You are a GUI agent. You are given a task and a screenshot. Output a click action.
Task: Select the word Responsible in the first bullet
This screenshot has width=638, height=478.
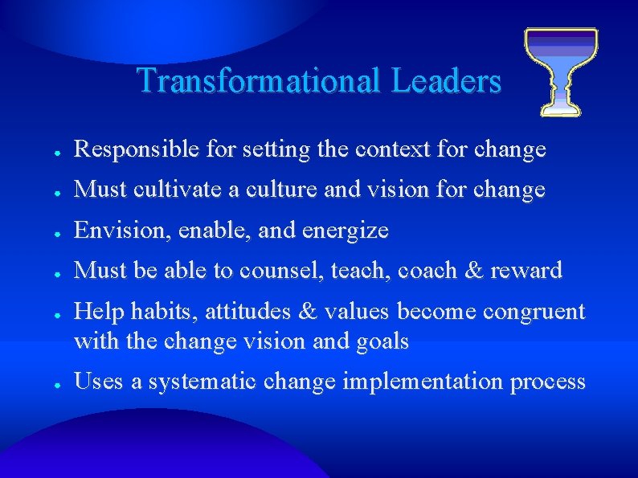coord(129,149)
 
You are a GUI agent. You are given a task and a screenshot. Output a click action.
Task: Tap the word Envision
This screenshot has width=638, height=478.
coord(112,231)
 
